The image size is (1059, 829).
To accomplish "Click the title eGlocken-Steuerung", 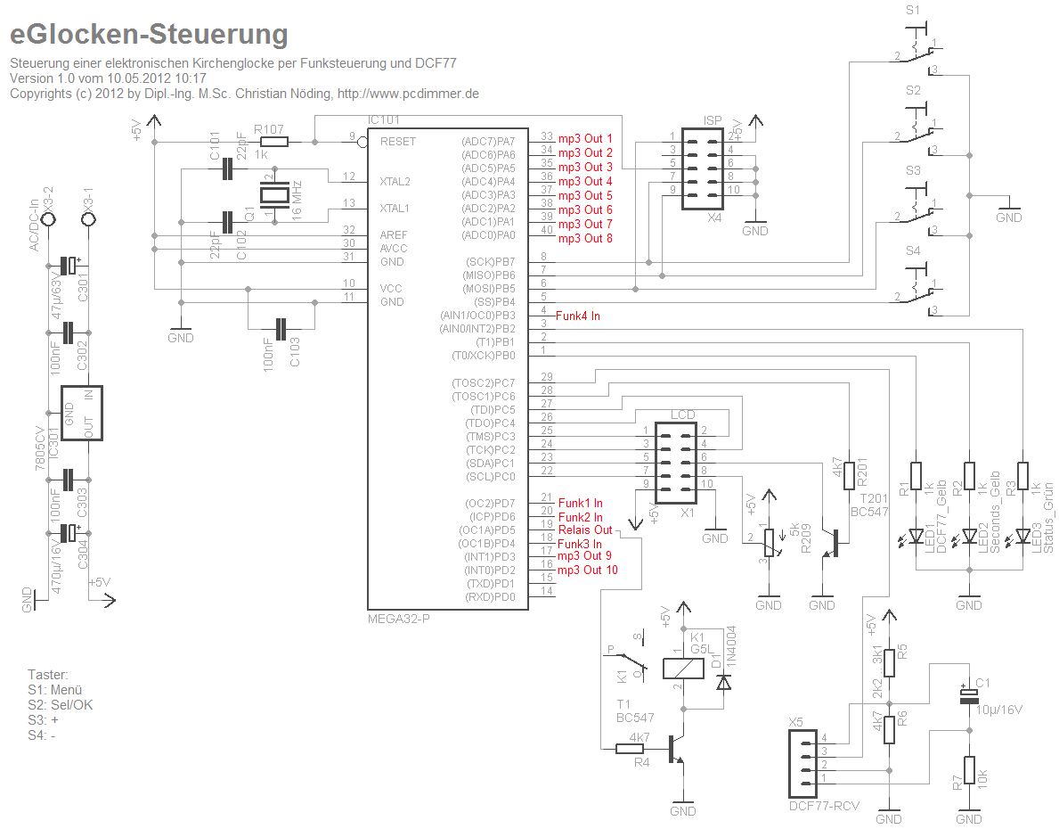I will click(x=149, y=35).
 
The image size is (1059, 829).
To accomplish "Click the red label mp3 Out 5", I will click(x=585, y=195).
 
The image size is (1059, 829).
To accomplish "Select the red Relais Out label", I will click(x=585, y=530).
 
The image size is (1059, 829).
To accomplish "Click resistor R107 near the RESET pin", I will click(x=273, y=141).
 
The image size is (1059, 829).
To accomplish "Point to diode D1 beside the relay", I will click(x=723, y=682).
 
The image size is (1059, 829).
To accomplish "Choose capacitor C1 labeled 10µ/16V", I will click(x=968, y=696).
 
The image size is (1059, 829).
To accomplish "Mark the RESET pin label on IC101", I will click(x=397, y=142).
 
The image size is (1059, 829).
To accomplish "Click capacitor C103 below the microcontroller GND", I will click(x=282, y=330).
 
